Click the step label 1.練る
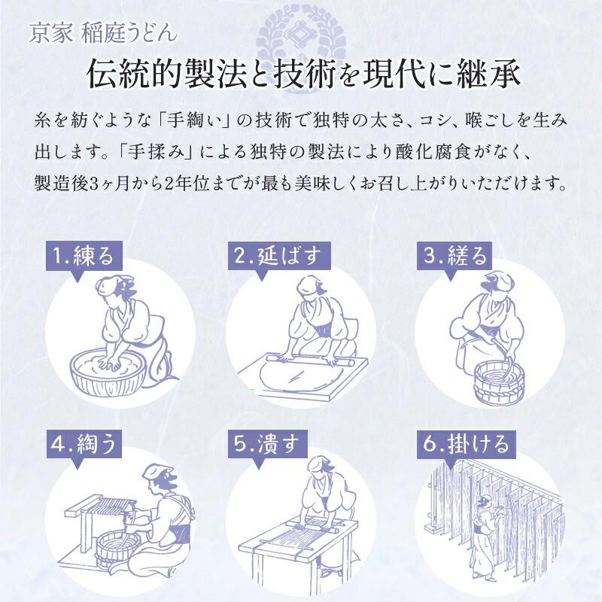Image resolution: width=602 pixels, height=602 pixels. tap(83, 256)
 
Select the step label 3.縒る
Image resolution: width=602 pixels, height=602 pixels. tap(456, 256)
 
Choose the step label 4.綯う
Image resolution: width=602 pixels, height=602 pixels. tap(83, 444)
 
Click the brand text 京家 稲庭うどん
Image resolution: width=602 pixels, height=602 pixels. tap(103, 32)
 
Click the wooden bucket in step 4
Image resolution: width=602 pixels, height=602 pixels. tap(120, 549)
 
